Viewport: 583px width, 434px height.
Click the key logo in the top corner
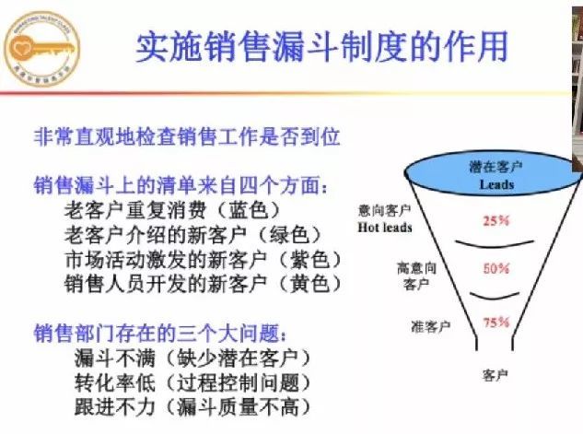pyautogui.click(x=41, y=46)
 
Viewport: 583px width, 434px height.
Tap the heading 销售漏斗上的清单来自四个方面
pyautogui.click(x=181, y=186)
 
